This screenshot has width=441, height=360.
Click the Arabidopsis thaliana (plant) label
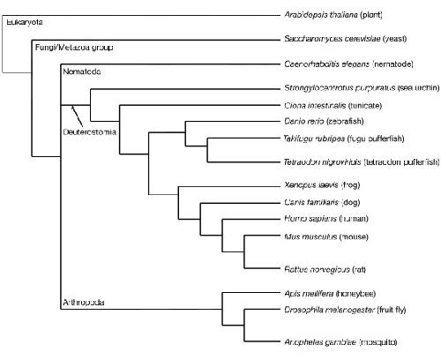tap(333, 15)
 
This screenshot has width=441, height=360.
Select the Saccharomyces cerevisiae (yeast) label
tap(346, 39)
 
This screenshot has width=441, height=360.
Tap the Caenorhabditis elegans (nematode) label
tap(348, 64)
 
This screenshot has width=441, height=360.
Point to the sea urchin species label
tap(362, 87)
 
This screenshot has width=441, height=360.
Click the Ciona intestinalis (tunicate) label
tap(333, 105)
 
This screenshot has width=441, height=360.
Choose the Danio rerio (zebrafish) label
tap(324, 121)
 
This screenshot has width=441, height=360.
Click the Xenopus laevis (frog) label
tap(322, 184)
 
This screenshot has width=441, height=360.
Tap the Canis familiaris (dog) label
tap(322, 202)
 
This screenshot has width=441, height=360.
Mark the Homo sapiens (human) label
tap(326, 219)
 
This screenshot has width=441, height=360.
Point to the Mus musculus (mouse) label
tap(326, 236)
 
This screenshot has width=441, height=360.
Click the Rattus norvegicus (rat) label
tap(325, 269)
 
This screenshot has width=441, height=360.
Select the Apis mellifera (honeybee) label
tap(330, 294)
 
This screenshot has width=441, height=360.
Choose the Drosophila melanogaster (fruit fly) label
tap(345, 310)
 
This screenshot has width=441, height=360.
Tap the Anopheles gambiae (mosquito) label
tap(340, 342)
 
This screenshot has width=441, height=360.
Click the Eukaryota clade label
tap(25, 22)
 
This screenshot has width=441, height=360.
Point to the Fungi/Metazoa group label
tap(74, 48)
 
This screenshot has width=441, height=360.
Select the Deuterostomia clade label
tap(90, 131)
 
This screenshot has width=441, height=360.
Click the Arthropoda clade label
tap(84, 303)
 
